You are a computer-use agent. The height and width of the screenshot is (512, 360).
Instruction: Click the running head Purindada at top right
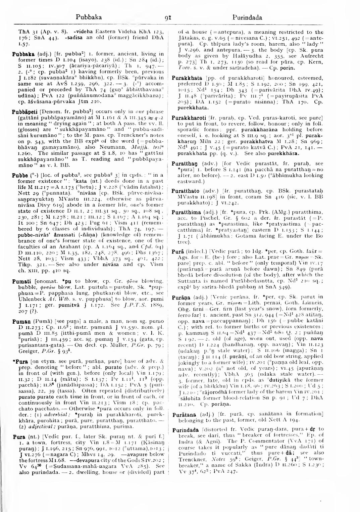247,17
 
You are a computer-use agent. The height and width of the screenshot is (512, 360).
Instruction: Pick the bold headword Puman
21,322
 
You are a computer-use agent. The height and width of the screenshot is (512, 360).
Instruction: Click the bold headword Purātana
183,415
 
